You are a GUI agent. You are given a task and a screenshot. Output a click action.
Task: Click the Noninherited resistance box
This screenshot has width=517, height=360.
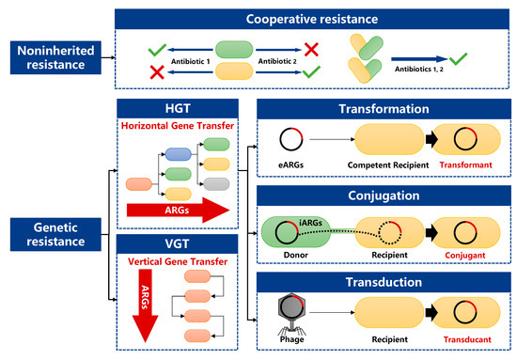pos(55,57)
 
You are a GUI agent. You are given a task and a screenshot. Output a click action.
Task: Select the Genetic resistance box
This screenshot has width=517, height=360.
pos(55,234)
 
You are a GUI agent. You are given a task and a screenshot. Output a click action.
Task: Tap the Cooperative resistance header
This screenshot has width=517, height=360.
pos(312,19)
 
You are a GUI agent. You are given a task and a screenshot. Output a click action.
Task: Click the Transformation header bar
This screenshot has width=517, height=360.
pos(384,109)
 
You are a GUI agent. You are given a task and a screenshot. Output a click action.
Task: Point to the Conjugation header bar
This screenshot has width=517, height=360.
pos(384,196)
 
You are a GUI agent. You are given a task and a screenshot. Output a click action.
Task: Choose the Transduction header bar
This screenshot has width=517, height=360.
pos(384,282)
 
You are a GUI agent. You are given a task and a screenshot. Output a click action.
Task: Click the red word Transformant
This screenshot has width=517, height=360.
pos(465,164)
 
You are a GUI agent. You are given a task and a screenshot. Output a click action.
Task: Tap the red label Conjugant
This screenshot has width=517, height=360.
pos(465,255)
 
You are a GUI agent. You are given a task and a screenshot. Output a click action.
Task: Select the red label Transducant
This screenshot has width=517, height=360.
pos(467,339)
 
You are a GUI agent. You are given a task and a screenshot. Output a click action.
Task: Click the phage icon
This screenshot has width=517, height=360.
pos(291,314)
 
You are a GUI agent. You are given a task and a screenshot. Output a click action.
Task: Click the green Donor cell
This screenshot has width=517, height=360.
pos(295,232)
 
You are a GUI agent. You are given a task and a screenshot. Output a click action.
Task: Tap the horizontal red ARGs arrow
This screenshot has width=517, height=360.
pos(178,210)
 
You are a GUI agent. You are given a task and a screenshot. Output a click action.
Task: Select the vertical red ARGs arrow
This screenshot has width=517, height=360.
pos(145,305)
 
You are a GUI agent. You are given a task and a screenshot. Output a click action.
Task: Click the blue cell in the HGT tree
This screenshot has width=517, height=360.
pos(178,154)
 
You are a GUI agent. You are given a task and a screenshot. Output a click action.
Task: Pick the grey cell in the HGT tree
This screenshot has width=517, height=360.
pos(216,184)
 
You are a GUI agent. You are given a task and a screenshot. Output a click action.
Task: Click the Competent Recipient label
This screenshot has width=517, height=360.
pos(388,165)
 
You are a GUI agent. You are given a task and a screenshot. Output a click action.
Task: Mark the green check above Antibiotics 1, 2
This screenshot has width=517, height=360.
pos(459,58)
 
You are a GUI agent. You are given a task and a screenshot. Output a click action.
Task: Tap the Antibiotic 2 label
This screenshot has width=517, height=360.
pos(277,61)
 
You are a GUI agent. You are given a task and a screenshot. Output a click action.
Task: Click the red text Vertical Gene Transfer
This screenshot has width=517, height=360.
pos(178,261)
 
